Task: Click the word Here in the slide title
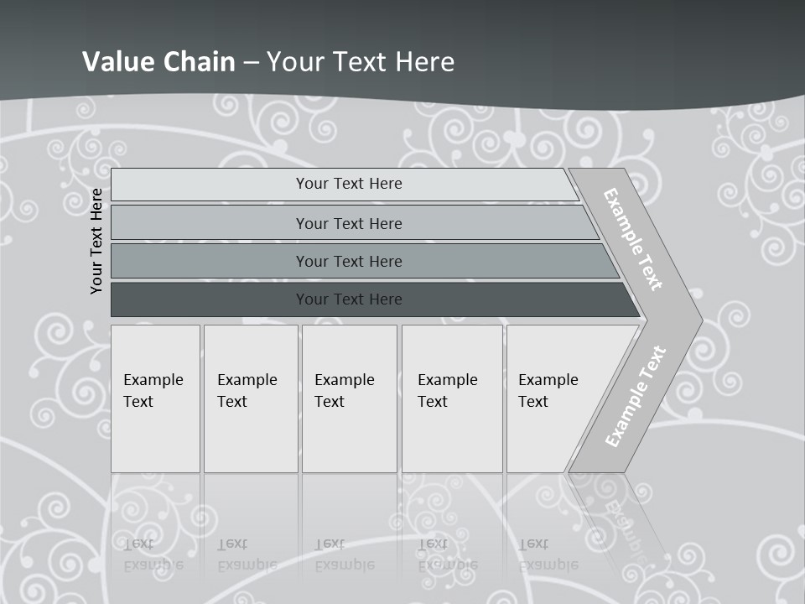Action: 424,61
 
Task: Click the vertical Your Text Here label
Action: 96,241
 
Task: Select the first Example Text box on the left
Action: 155,398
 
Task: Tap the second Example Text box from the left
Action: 251,398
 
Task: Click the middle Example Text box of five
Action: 349,398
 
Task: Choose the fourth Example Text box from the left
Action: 452,398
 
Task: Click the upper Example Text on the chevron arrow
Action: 633,239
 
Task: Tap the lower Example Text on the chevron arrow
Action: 635,396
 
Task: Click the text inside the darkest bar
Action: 349,299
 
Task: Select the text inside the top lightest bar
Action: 349,184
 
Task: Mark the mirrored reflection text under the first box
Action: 153,555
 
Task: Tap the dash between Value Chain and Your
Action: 251,62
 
